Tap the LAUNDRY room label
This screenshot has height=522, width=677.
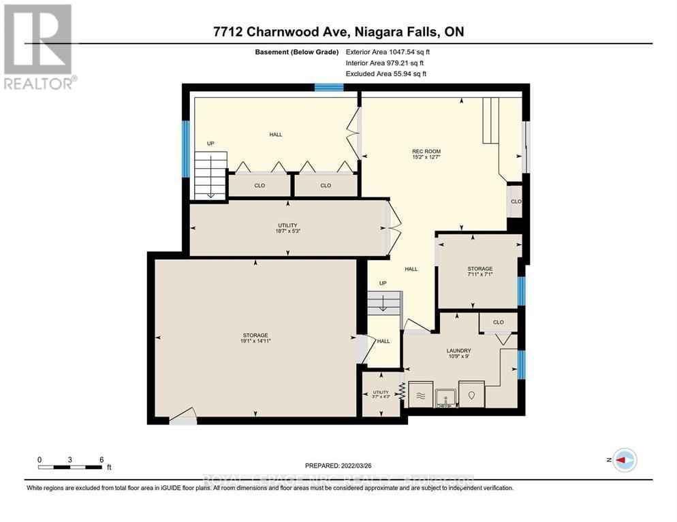pos(459,351)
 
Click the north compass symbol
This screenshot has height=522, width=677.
pos(624,460)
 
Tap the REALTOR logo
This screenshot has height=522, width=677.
pos(39,47)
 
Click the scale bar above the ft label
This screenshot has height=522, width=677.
pos(70,467)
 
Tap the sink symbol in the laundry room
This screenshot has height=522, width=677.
pos(446,396)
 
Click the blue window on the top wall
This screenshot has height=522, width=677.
pos(329,87)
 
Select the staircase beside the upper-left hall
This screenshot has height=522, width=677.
pos(210,175)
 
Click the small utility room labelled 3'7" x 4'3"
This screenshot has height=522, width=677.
pos(381,393)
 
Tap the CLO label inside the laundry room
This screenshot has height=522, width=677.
pos(498,322)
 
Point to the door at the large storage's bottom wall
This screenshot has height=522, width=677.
pos(183,417)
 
